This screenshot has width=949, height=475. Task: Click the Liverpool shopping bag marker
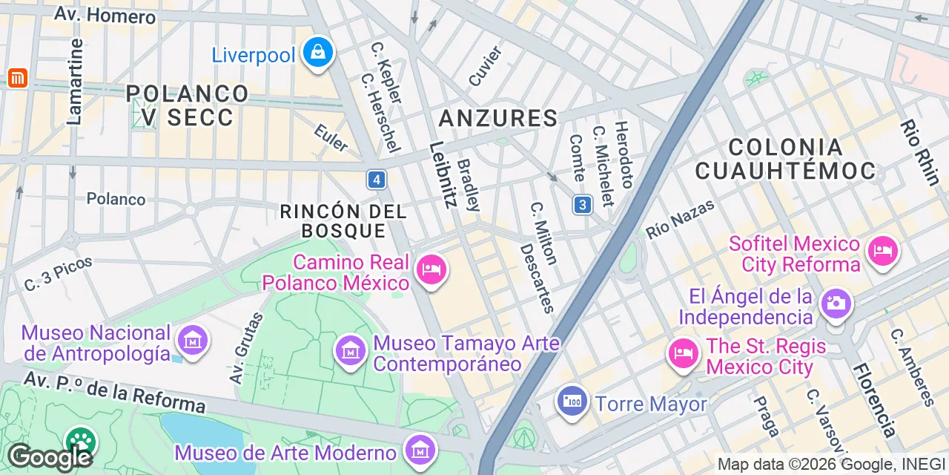317,53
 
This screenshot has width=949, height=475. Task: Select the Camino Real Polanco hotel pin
431,269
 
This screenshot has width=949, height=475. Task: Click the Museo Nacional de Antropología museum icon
193,341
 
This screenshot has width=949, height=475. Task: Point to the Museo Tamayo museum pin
351,350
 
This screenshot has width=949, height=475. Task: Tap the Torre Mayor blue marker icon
572,402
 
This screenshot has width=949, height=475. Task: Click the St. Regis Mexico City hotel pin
683,353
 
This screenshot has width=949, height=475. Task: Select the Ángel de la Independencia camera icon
836,303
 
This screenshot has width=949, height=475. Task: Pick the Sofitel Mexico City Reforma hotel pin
882,252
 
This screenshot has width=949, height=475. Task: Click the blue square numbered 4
377,180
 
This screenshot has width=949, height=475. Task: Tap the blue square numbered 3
582,205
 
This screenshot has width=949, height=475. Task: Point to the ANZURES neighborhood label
497,118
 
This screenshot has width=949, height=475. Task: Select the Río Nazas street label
680,219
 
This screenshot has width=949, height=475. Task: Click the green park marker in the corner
80,441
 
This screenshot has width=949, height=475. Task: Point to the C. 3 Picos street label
58,273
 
